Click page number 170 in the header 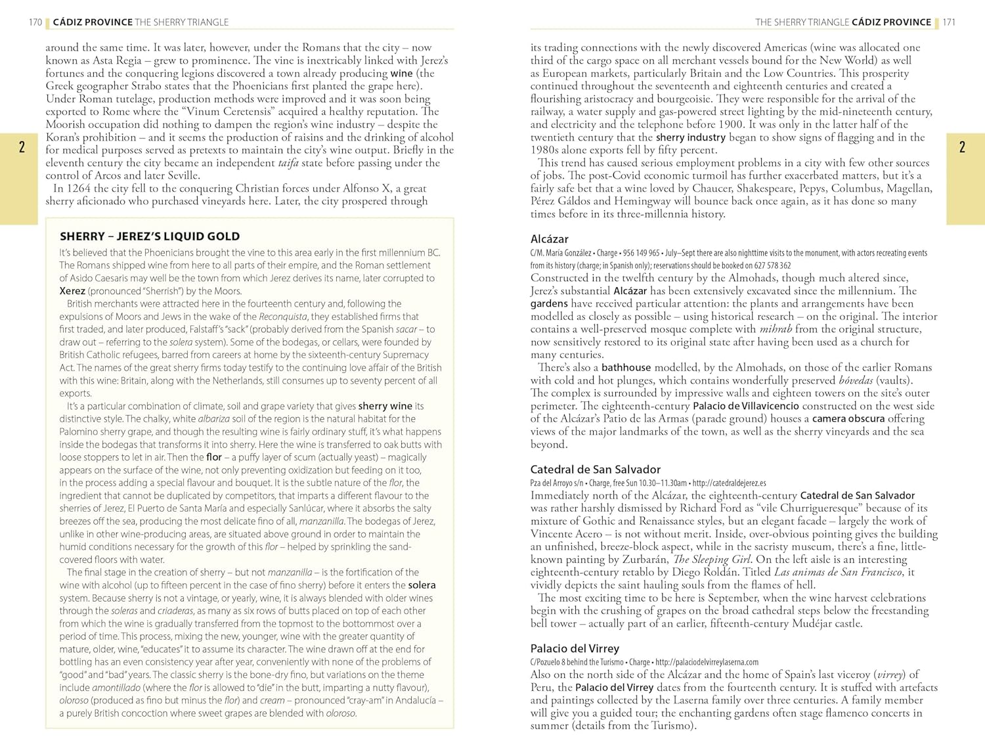(35, 22)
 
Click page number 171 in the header (949, 22)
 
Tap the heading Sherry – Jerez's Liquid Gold (150, 236)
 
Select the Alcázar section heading (550, 239)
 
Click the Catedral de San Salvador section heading (596, 470)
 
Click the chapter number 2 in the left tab (22, 147)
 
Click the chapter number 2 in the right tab (962, 147)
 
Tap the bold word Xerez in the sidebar (72, 291)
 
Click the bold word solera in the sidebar (422, 585)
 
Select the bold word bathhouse (626, 368)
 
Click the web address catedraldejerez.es (729, 483)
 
